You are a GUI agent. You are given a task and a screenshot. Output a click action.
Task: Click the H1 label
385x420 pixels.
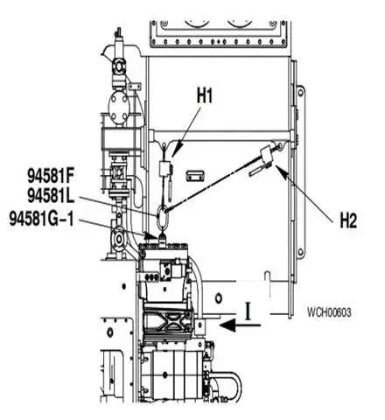pyautogui.click(x=205, y=95)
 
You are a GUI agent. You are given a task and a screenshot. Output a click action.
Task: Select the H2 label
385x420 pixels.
pyautogui.click(x=348, y=220)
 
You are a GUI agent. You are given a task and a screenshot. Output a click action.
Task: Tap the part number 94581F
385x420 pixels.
pyautogui.click(x=51, y=176)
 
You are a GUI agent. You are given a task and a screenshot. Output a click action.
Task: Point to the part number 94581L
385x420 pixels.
pyautogui.click(x=51, y=196)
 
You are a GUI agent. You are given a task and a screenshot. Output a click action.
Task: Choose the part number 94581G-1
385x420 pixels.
pyautogui.click(x=41, y=219)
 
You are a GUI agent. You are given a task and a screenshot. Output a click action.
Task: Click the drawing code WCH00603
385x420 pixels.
pyautogui.click(x=329, y=312)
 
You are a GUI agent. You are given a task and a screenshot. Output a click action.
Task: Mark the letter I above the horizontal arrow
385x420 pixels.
pyautogui.click(x=248, y=311)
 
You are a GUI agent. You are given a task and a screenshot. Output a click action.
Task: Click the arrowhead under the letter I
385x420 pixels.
pyautogui.click(x=227, y=325)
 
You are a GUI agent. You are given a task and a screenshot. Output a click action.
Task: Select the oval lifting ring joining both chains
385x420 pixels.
pyautogui.click(x=162, y=216)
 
